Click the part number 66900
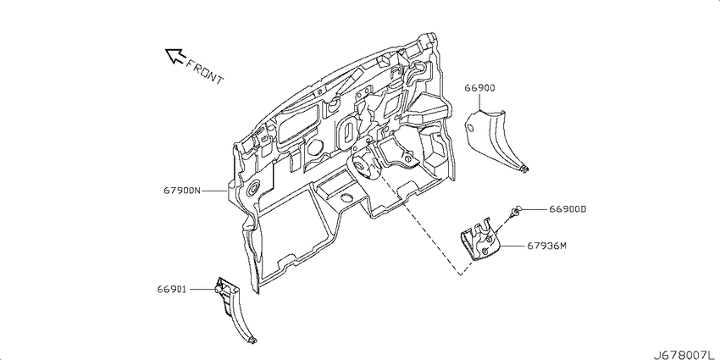click(x=479, y=88)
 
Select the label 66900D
click(x=568, y=209)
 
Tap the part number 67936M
click(x=547, y=246)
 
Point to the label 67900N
click(x=182, y=191)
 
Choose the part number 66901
click(x=171, y=290)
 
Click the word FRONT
click(x=204, y=71)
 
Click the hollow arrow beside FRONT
click(x=174, y=56)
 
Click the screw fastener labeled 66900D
click(x=514, y=213)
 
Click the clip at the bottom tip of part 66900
click(x=526, y=169)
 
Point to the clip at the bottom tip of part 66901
click(x=252, y=340)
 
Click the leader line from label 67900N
click(x=214, y=191)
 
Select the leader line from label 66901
click(x=201, y=290)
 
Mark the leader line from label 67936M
click(x=513, y=246)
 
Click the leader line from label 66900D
click(x=534, y=209)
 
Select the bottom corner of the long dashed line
click(x=460, y=275)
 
